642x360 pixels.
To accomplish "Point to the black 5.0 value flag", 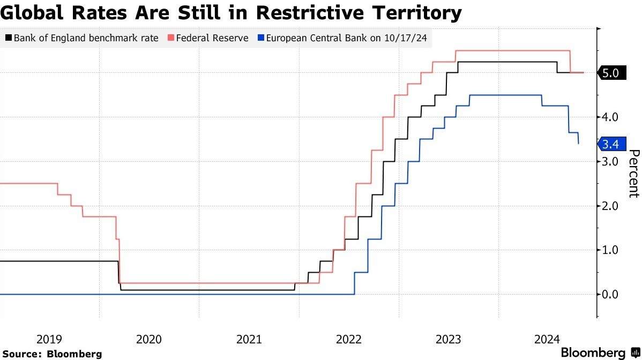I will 609,73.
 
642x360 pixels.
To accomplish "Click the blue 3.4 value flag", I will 610,144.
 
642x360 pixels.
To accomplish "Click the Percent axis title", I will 633,174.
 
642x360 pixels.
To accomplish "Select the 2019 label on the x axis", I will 49,339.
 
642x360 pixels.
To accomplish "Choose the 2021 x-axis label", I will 249,339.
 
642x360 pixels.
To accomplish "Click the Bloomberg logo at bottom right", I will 598,352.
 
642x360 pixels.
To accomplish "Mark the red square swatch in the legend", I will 171,38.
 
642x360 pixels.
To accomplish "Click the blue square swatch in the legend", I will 260,38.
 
